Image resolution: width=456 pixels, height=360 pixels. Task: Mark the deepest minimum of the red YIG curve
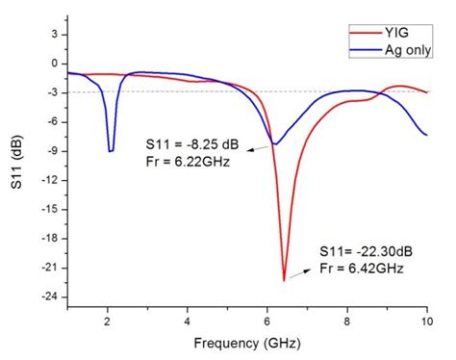pos(285,280)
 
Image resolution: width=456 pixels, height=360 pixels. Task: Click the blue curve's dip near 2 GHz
pos(111,150)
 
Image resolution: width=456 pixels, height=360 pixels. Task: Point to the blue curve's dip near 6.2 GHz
pos(275,144)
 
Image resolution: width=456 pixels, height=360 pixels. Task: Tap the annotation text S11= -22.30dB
pos(365,250)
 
